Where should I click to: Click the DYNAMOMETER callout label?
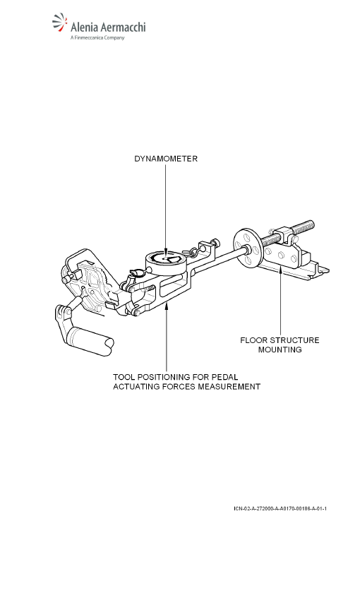coord(166,159)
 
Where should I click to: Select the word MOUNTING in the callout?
coord(280,349)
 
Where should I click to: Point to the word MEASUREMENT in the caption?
coord(229,387)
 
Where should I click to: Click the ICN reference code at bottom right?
coord(280,508)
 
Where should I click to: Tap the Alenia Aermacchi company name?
coord(108,27)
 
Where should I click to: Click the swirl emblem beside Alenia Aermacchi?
coord(60,22)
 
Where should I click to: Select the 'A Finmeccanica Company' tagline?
coord(97,37)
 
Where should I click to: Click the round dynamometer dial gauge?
coord(166,260)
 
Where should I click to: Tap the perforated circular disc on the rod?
coord(248,248)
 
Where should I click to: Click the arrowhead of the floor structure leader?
coord(280,270)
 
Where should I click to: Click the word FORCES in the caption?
coord(179,387)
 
